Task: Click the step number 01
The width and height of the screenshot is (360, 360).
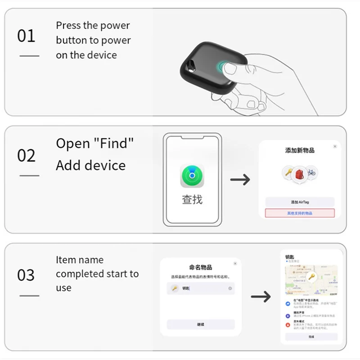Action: pyautogui.click(x=26, y=36)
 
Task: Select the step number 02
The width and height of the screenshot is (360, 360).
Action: pyautogui.click(x=26, y=156)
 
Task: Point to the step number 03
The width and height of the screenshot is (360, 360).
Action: pyautogui.click(x=26, y=275)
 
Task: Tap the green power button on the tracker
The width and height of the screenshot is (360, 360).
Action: pyautogui.click(x=224, y=67)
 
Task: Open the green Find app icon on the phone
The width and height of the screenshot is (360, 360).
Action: pyautogui.click(x=192, y=176)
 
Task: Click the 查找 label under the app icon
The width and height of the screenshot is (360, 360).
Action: pyautogui.click(x=192, y=199)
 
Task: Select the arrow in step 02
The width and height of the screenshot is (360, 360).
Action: pyautogui.click(x=240, y=180)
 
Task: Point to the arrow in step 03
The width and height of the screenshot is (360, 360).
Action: pyautogui.click(x=261, y=297)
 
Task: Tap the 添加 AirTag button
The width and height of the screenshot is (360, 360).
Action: pyautogui.click(x=300, y=202)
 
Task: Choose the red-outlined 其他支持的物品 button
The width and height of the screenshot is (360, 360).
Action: pyautogui.click(x=300, y=213)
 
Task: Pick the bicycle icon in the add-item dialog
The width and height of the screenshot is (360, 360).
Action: pyautogui.click(x=311, y=172)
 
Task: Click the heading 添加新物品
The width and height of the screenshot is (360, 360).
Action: pyautogui.click(x=300, y=150)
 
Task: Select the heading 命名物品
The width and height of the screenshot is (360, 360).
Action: pyautogui.click(x=201, y=267)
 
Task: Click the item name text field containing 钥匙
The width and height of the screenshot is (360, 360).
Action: pyautogui.click(x=201, y=288)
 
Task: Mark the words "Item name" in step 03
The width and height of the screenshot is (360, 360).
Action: pyautogui.click(x=80, y=260)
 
